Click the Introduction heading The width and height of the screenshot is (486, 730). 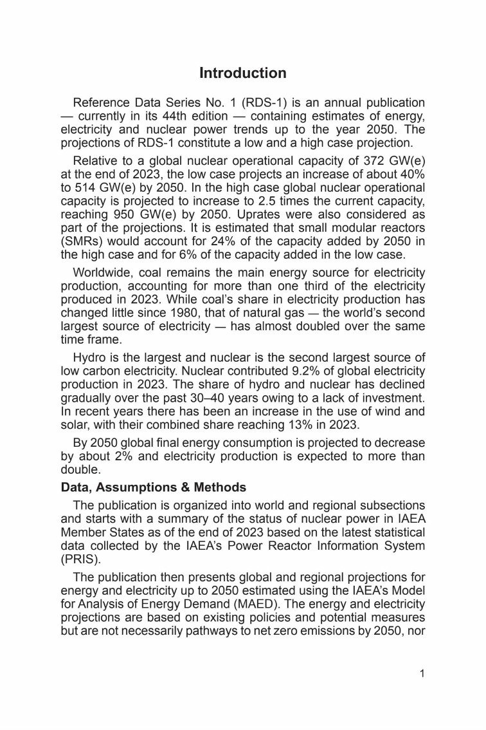pos(242,73)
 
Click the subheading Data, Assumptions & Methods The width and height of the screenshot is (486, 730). pos(154,487)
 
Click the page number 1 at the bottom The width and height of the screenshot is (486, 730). pos(422,674)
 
